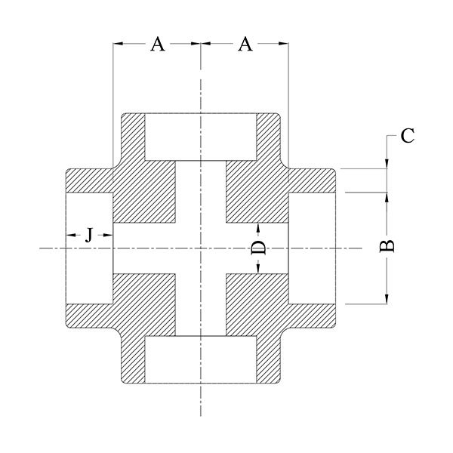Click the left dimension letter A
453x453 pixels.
pyautogui.click(x=158, y=45)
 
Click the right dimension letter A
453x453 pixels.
pyautogui.click(x=245, y=45)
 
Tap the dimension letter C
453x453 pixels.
pyautogui.click(x=408, y=136)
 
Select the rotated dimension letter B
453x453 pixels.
pyautogui.click(x=387, y=246)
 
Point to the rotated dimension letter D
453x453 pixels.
pyautogui.click(x=258, y=248)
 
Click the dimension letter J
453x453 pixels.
pyautogui.click(x=89, y=235)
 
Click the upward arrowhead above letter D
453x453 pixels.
pyautogui.click(x=258, y=228)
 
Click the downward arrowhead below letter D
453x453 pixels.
pyautogui.click(x=258, y=269)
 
